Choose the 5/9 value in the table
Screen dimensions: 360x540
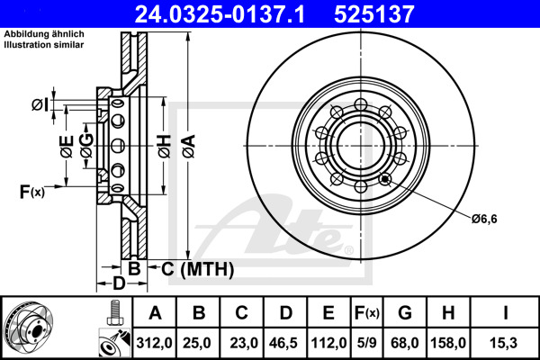368,343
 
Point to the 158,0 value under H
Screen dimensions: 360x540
451,343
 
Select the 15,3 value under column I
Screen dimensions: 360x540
505,343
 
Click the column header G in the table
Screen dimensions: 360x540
405,313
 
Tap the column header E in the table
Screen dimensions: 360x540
329,313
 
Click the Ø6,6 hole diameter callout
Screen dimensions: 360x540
488,217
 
